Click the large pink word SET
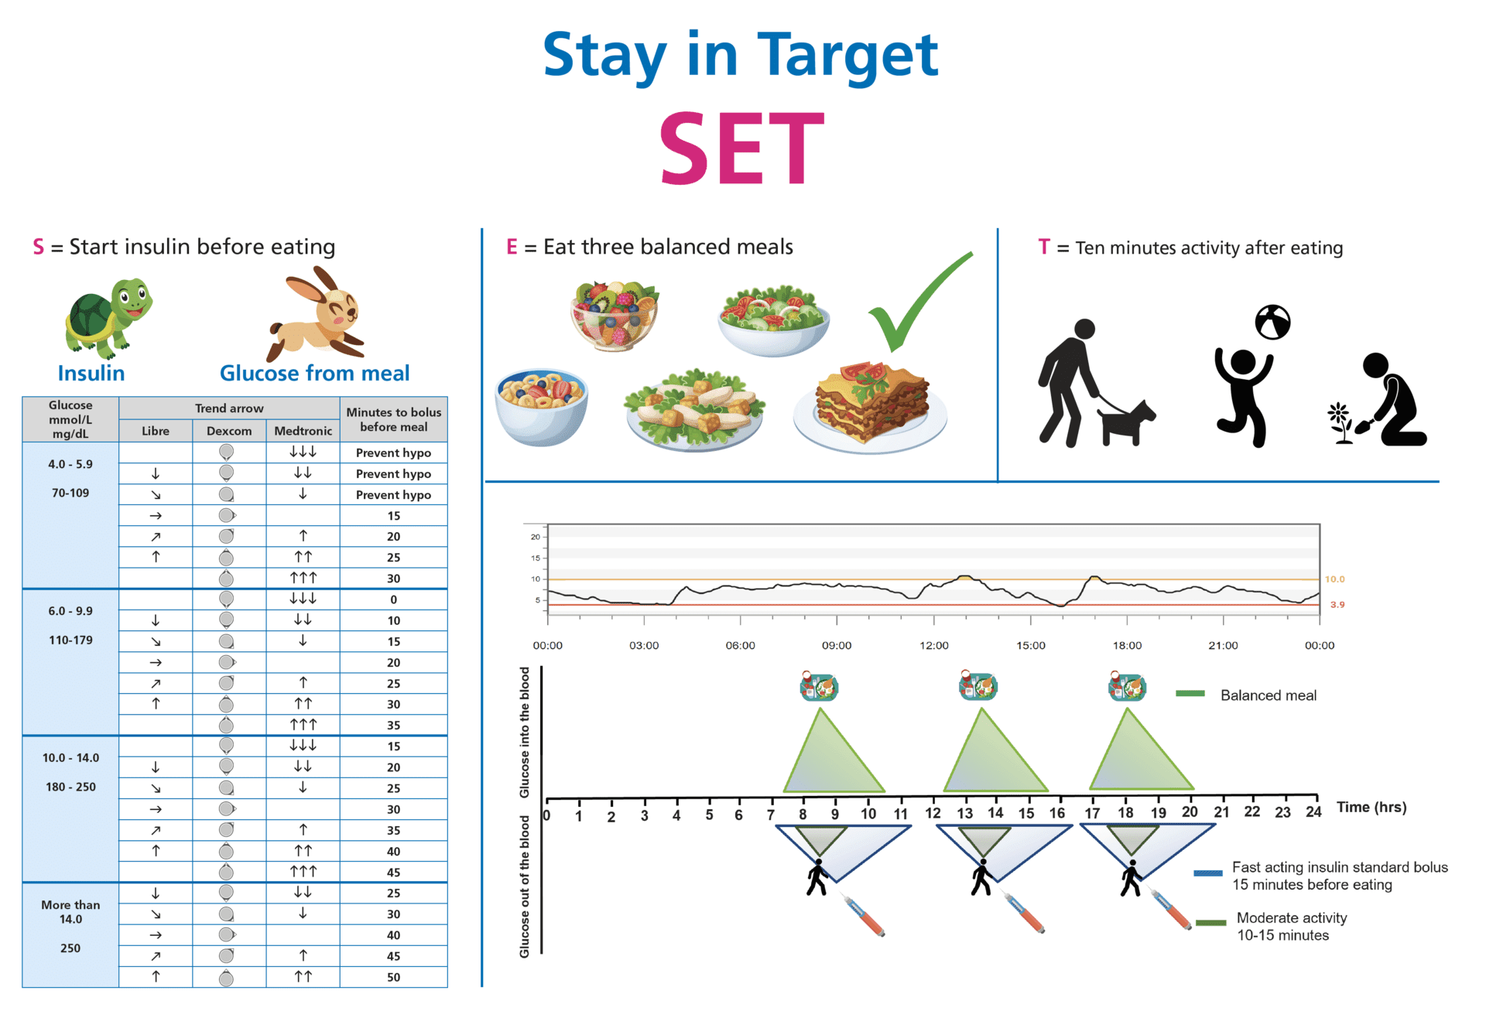(741, 149)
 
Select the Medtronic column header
(303, 431)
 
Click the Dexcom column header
(229, 431)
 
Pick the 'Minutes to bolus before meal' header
(393, 419)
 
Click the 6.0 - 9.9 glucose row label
(70, 611)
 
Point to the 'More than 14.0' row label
(70, 912)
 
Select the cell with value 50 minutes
(393, 977)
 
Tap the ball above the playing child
(1272, 323)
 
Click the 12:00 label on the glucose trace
(933, 645)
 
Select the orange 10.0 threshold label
(1334, 579)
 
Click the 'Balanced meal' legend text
(1268, 695)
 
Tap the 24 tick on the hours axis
(1313, 811)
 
